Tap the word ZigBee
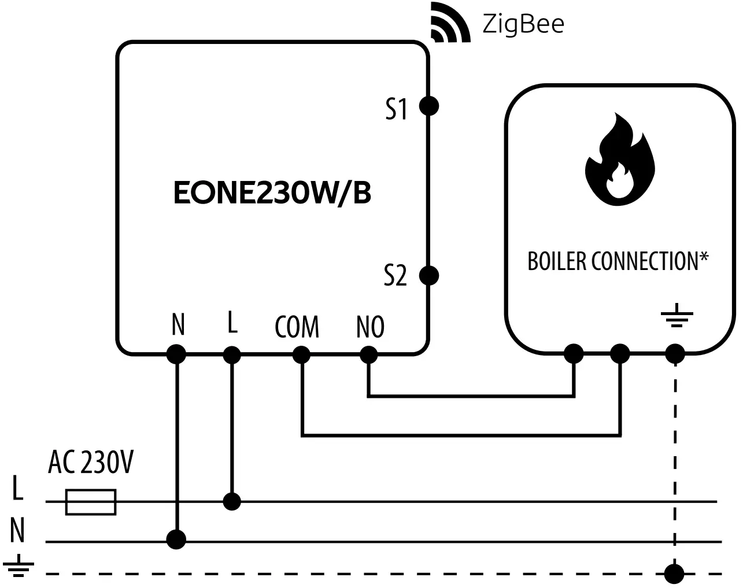coord(523,24)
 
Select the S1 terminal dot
coord(428,106)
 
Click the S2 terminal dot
coord(428,275)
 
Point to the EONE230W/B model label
coord(272,194)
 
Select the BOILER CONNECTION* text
coord(618,261)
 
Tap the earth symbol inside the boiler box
coord(676,318)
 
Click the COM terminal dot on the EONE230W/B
coord(301,354)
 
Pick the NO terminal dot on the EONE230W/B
coord(368,354)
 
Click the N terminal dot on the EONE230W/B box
coord(176,354)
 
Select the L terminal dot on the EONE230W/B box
coord(232,354)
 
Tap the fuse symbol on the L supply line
coord(91,502)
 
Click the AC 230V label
coord(91,463)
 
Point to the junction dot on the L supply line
coord(232,501)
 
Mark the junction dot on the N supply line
coord(176,539)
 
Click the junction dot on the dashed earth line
coord(674,574)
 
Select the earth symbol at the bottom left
coord(17,567)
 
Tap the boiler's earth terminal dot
coord(675,353)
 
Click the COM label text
coord(297,327)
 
